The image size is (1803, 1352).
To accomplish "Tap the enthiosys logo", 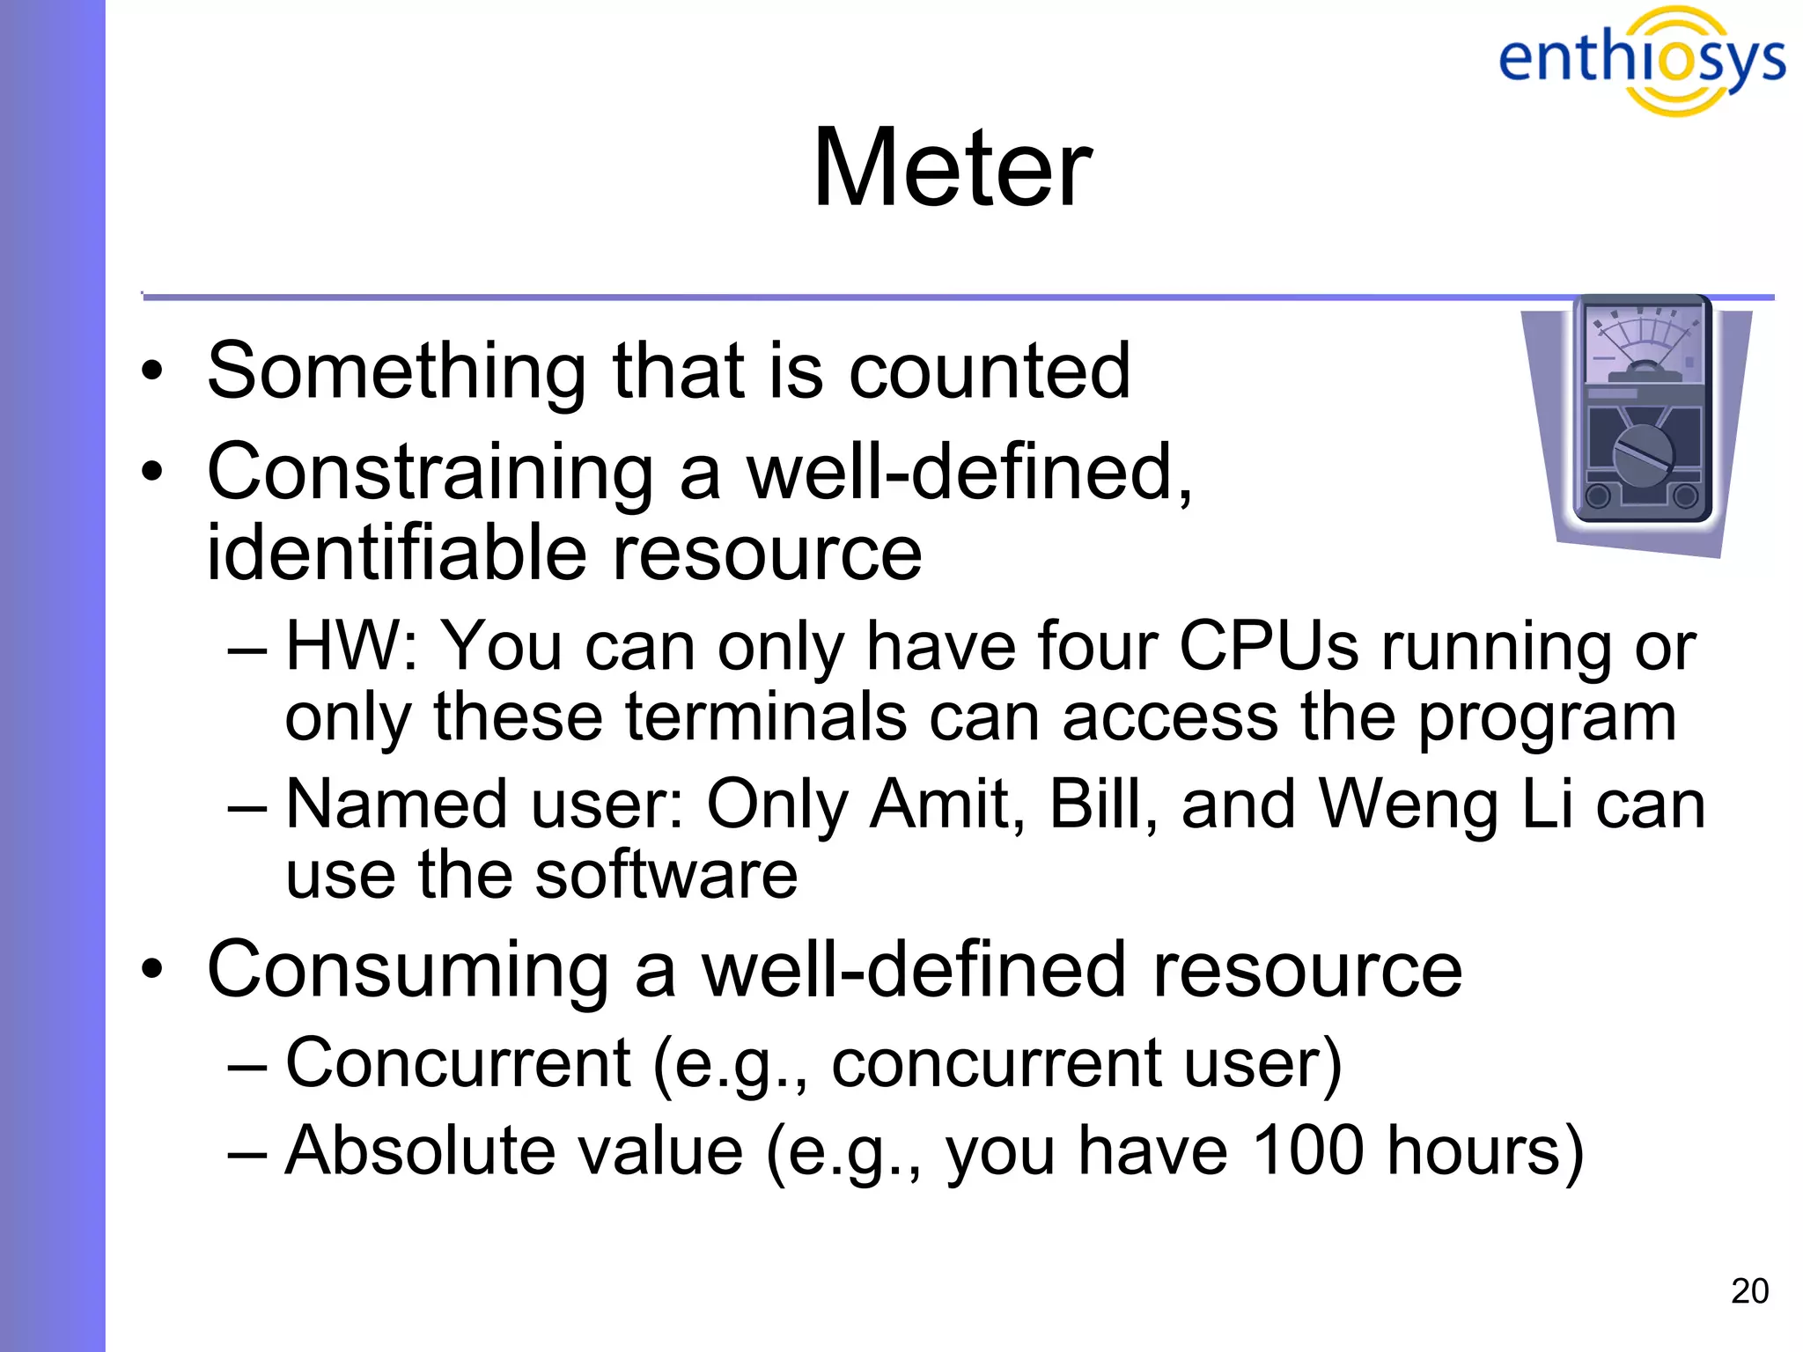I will click(1641, 60).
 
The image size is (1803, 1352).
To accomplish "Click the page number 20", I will click(1748, 1291).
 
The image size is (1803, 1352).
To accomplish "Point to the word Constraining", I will click(429, 473).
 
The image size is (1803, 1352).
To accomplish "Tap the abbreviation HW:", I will click(351, 646).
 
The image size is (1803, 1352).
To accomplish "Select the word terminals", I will click(766, 716).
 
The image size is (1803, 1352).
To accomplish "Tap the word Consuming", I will click(408, 969).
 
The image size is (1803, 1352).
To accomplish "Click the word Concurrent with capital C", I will click(458, 1062).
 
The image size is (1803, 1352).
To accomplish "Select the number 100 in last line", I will click(1306, 1150).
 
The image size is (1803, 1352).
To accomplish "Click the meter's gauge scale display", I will click(1642, 343).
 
